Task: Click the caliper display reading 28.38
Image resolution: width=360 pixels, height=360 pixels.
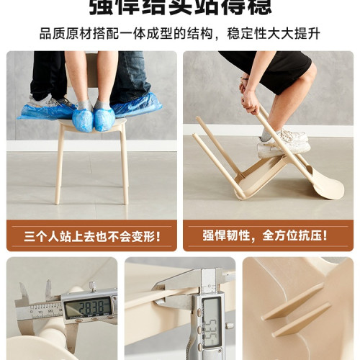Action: [x=89, y=307]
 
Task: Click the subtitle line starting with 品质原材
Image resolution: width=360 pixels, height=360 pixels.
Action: [x=180, y=34]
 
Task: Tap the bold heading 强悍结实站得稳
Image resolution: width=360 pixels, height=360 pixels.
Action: [x=180, y=7]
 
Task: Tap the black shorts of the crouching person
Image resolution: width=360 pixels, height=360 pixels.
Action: [x=266, y=66]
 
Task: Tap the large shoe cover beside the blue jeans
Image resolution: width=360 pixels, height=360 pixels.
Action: [x=137, y=106]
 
